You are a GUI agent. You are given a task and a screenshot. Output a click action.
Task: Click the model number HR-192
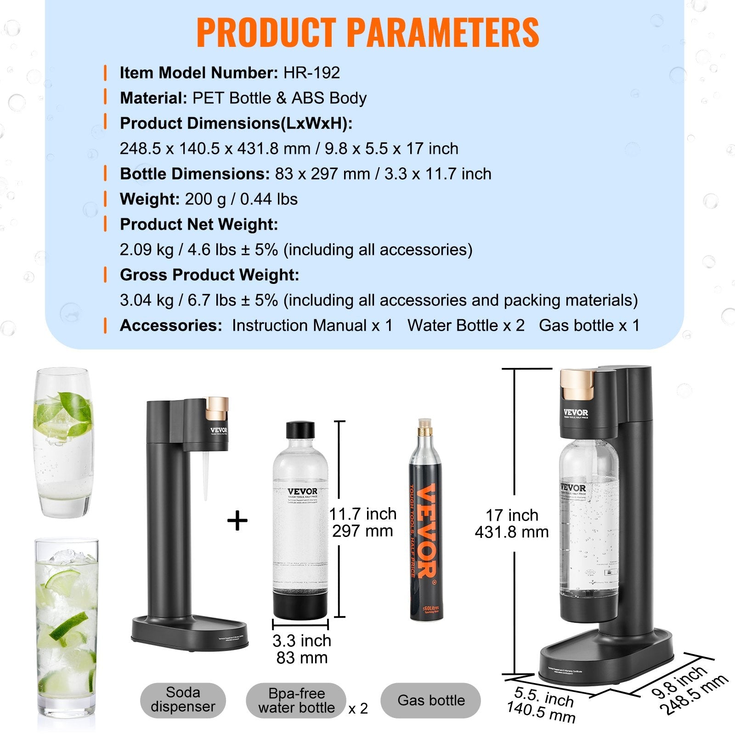coord(311,73)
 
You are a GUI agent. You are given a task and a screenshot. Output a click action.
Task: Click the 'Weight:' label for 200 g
coord(149,199)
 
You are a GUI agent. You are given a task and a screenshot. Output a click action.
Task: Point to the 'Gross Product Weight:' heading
coord(209,275)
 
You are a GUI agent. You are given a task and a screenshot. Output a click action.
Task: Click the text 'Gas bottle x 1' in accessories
coord(589,326)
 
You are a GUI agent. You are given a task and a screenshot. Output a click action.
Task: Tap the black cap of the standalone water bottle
coord(300,430)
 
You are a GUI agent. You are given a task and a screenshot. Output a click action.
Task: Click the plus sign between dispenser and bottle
coord(237,521)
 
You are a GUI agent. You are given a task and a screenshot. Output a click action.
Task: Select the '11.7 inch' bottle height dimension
coord(363,514)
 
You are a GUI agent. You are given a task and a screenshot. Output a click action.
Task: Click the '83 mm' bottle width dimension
coord(302,658)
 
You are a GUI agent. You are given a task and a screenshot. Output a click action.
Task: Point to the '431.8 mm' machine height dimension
coord(512,532)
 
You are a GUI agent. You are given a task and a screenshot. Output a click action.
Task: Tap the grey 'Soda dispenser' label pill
coord(183,700)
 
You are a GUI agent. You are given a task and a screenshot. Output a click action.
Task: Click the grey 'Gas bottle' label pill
coord(431,700)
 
